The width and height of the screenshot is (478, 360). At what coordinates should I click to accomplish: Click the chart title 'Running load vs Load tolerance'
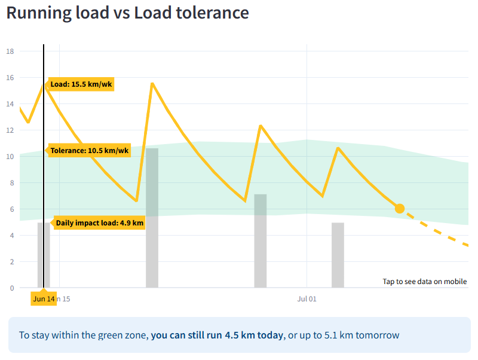(x=127, y=13)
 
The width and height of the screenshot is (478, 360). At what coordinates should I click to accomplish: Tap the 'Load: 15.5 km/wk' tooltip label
(x=81, y=84)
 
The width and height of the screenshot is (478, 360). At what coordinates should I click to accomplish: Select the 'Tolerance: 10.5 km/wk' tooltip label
(x=89, y=151)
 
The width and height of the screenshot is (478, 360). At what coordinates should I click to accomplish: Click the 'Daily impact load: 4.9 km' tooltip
(x=100, y=223)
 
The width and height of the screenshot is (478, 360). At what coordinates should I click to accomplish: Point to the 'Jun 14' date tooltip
(x=44, y=298)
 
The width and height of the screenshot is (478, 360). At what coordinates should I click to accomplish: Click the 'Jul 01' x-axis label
(x=307, y=298)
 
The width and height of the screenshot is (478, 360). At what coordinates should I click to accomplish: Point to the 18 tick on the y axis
(x=10, y=51)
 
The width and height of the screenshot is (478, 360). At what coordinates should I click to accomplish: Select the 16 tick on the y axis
(x=10, y=78)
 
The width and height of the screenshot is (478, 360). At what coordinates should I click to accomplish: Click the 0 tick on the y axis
(x=11, y=288)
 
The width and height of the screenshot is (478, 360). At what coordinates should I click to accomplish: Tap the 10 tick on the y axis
(x=10, y=157)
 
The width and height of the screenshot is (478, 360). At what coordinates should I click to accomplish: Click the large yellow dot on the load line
(x=400, y=208)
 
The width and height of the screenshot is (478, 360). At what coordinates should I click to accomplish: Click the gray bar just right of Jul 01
(x=338, y=255)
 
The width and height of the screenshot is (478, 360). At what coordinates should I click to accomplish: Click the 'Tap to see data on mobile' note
(x=425, y=282)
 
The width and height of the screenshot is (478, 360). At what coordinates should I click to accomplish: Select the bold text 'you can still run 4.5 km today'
(x=217, y=335)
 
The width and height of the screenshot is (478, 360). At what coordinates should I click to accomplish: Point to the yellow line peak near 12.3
(x=261, y=126)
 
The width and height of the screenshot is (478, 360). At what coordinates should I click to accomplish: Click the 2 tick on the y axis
(x=11, y=261)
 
